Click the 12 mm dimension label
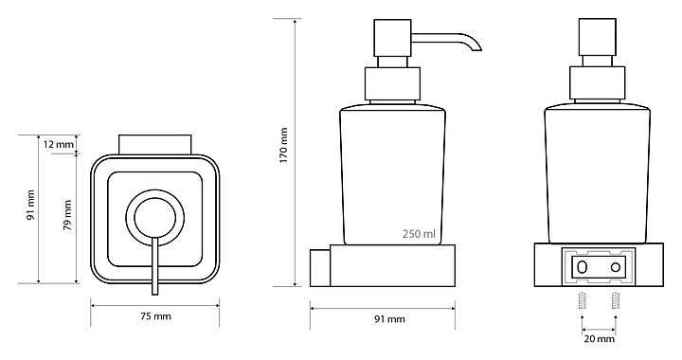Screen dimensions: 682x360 (59, 144)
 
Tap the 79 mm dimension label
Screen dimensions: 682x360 (67, 215)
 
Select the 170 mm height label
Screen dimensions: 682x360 (283, 145)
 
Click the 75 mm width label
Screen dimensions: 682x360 (155, 316)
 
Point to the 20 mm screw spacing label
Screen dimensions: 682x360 (600, 339)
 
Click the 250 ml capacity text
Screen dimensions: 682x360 (419, 234)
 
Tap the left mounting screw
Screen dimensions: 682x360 (583, 300)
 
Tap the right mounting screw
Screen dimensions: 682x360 (615, 300)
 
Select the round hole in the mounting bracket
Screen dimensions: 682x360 (615, 266)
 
